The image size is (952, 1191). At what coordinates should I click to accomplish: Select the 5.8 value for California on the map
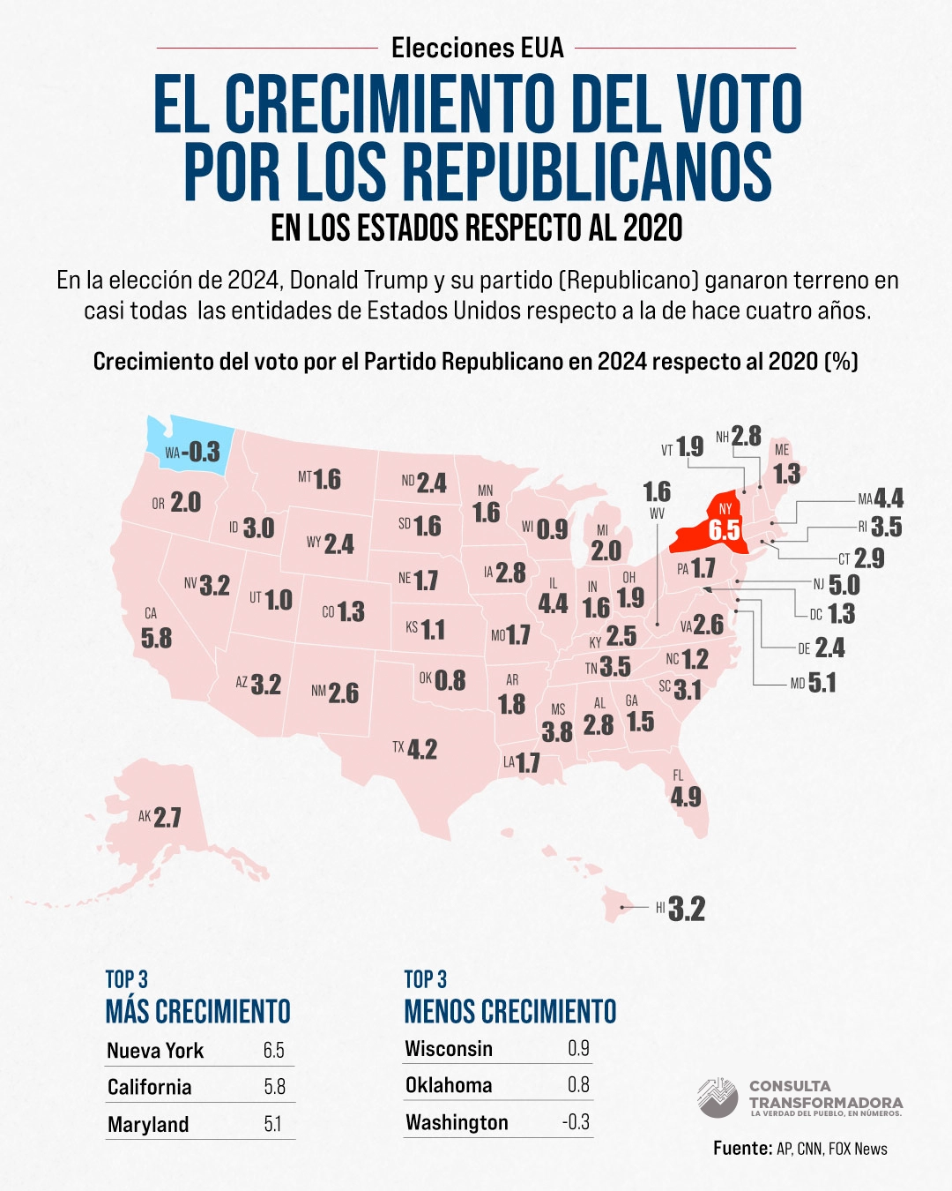156,638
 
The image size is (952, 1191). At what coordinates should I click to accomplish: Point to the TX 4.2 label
415,749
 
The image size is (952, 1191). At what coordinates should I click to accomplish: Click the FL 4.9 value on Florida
686,797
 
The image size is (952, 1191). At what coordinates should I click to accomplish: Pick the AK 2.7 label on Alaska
160,817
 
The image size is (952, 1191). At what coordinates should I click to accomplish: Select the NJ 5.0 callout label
836,585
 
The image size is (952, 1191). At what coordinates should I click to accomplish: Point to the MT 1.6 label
319,479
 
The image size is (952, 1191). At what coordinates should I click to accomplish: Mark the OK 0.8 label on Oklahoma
443,679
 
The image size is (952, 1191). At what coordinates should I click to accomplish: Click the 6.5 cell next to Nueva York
273,1050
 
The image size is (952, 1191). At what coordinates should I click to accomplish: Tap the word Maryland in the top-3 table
148,1124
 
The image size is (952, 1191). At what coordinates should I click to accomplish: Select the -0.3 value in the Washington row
576,1122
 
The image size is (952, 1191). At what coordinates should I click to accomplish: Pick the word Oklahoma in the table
449,1085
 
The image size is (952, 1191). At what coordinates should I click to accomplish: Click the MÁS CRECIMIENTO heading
198,1011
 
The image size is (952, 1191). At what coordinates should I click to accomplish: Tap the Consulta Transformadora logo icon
718,1097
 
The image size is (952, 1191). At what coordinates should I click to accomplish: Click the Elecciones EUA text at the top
477,48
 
